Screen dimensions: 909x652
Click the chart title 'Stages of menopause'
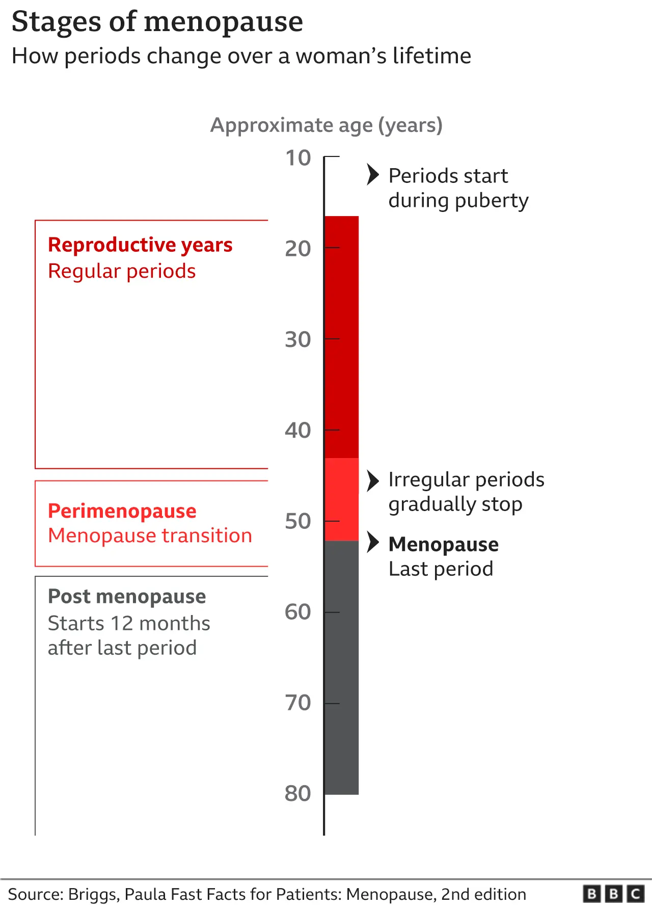coord(157,22)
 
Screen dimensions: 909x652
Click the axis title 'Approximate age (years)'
coord(326,125)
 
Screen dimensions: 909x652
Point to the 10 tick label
coord(298,158)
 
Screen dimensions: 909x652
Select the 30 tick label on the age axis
coord(298,339)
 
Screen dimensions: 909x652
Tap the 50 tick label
coord(298,521)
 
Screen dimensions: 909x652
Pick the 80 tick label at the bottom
coord(298,793)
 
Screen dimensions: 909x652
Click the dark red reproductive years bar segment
coord(342,336)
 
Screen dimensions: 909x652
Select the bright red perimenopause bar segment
coord(342,499)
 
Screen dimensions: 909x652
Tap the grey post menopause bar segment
coord(342,667)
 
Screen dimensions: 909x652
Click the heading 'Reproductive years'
coord(140,245)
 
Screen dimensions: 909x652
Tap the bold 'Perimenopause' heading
coord(122,511)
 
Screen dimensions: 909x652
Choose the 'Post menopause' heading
coord(127,597)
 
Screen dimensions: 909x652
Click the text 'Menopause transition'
coord(150,536)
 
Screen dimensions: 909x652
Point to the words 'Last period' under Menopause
coord(441,569)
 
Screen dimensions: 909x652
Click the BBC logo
coord(613,894)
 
